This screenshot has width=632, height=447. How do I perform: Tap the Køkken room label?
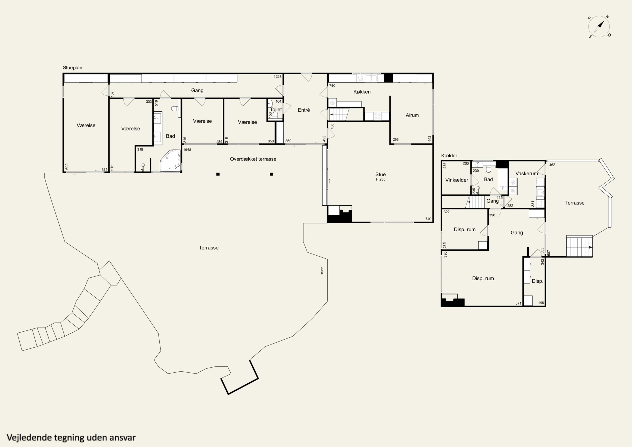point(362,92)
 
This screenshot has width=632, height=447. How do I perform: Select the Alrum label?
point(412,115)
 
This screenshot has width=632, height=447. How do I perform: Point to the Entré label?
point(304,110)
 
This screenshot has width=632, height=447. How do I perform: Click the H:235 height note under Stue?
point(380,179)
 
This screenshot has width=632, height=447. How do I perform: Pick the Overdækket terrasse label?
point(253,159)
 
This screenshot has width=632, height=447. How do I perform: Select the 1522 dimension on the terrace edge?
point(322,270)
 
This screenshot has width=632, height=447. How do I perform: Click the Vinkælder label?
point(457,180)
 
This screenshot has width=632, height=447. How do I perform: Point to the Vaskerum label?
point(527,174)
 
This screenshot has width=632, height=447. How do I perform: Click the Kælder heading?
point(449,156)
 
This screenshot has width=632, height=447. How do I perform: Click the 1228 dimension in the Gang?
point(278,77)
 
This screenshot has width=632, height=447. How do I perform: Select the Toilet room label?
point(276,109)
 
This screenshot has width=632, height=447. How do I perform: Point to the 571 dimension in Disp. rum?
point(518,303)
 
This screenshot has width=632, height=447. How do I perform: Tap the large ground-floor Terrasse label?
point(209,248)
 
